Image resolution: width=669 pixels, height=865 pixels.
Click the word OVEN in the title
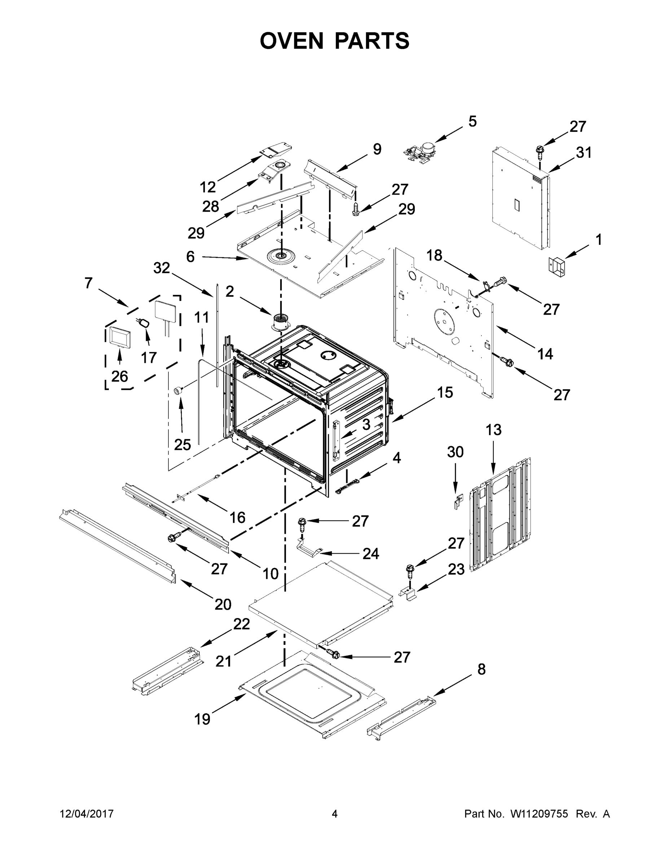tap(292, 41)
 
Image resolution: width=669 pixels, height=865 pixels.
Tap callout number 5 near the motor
tap(472, 121)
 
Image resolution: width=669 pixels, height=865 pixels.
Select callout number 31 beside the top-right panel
tap(584, 152)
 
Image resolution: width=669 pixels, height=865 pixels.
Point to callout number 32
tap(162, 268)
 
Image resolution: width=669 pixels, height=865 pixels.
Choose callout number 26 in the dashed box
tap(119, 376)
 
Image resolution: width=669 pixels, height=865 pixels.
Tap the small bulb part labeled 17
tap(144, 323)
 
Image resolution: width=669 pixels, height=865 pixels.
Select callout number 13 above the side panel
tap(493, 430)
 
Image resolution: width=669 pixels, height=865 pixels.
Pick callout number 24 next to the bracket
tap(371, 554)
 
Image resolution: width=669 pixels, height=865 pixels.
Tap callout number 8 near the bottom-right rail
tap(481, 669)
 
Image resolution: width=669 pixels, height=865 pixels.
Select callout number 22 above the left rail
tap(241, 624)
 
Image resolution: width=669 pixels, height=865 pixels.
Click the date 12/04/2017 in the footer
tap(87, 814)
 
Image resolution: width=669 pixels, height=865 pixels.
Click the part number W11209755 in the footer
tap(539, 814)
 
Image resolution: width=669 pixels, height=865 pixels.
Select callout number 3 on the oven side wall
tap(366, 425)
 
